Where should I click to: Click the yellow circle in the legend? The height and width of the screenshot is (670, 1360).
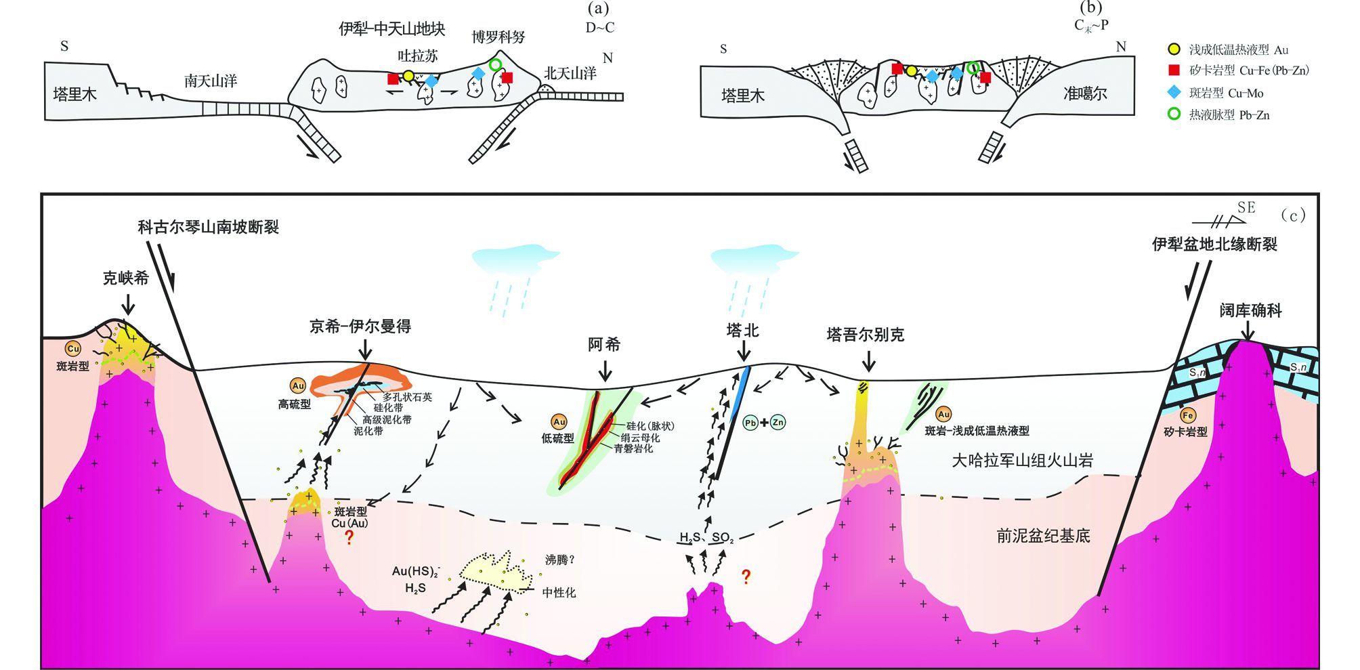point(1174,49)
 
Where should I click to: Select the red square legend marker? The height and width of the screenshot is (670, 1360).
point(1174,70)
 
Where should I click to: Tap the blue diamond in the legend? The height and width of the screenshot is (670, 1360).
point(1174,93)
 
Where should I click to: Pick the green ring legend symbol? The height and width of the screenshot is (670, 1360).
point(1174,114)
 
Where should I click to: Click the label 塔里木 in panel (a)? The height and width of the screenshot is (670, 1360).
point(75,94)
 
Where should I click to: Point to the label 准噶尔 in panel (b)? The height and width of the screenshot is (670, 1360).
point(1085,94)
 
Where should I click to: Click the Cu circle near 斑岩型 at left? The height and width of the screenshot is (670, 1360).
point(72,349)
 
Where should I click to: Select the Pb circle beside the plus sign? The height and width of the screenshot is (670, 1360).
point(750,423)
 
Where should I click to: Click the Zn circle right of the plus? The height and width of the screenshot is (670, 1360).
point(778,423)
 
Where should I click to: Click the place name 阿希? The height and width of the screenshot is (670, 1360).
point(603,345)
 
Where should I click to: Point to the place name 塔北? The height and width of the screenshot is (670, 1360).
point(742,331)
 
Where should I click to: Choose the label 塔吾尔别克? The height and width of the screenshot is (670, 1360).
point(866,335)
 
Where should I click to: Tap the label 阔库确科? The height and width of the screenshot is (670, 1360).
point(1250,311)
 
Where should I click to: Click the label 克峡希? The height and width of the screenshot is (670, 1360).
point(125,278)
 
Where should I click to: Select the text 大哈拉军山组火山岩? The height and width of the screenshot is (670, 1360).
point(1022,461)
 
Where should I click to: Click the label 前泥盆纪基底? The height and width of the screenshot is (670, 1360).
point(1043,537)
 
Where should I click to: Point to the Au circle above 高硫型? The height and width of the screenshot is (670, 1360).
point(298,386)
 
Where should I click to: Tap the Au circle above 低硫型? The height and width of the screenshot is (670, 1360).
point(559,422)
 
